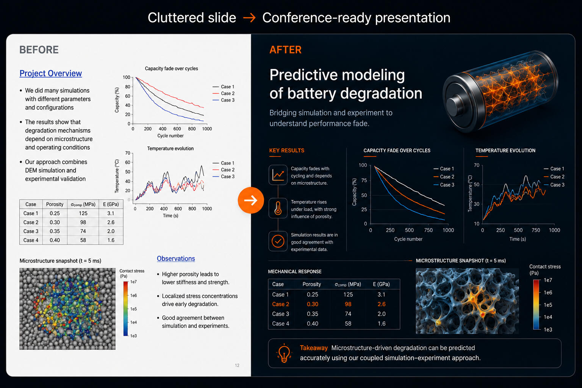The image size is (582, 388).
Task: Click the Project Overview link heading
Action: point(51,74)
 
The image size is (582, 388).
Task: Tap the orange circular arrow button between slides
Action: point(251,200)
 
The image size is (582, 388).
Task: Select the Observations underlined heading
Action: point(176,258)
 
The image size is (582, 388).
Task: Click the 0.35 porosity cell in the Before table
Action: point(55,231)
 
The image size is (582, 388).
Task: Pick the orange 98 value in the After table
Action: point(348,304)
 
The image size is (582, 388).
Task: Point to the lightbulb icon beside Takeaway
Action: point(284,353)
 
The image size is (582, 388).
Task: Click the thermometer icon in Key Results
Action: point(278,208)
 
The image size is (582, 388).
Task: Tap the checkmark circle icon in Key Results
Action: point(278,241)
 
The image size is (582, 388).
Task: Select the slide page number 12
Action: point(237,365)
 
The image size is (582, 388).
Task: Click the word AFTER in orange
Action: point(285,50)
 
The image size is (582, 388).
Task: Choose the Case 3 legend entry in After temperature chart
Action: point(554,185)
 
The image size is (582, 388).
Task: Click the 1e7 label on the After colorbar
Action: point(548,280)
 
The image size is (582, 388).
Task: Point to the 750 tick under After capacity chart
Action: point(428,230)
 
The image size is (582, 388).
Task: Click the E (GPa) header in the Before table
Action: point(111,204)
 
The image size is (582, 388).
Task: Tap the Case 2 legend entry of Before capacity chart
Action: point(224,93)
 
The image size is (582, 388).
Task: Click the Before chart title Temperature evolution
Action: point(171,149)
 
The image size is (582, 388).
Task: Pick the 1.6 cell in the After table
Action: point(382,324)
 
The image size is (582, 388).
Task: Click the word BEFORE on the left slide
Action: point(39,50)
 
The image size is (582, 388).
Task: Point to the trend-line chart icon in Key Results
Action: point(278,175)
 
